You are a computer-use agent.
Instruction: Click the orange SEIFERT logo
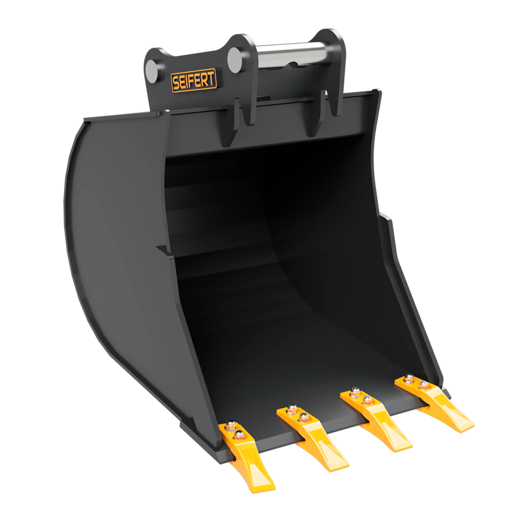(x=194, y=81)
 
